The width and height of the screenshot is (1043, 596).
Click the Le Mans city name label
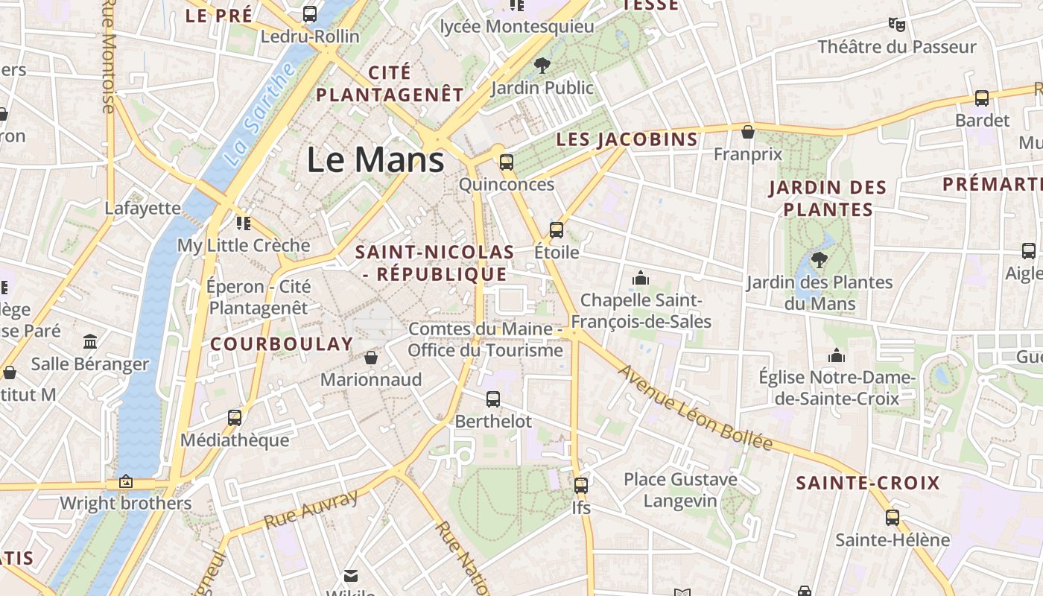pos(375,160)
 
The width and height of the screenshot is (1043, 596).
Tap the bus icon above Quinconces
pos(507,162)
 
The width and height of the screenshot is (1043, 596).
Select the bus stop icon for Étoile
pos(557,229)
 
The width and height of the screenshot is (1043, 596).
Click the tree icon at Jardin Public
pos(542,65)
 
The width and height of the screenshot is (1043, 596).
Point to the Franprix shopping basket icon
pos(748,132)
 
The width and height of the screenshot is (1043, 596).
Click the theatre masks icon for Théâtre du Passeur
pos(897,25)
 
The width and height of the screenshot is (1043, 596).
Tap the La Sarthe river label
pos(260,116)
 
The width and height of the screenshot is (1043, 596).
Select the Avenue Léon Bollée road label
pos(695,408)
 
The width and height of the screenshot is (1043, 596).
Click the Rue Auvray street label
pos(311,509)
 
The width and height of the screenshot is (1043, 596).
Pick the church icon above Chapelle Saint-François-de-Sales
pos(641,278)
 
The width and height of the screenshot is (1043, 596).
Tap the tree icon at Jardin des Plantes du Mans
pos(819,259)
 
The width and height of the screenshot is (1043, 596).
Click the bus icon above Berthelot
pos(493,399)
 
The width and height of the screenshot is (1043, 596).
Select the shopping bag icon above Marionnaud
pos(371,358)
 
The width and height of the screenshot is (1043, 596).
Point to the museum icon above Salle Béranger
pos(90,341)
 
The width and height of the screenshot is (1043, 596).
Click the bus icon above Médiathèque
pos(235,417)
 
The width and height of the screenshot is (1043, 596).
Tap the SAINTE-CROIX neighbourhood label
pos(868,483)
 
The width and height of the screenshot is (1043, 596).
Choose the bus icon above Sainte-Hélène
pos(893,517)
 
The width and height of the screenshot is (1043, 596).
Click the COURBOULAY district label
pos(282,343)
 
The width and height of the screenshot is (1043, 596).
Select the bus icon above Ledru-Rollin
pos(310,14)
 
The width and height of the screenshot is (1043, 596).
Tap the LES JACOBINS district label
pos(627,139)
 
